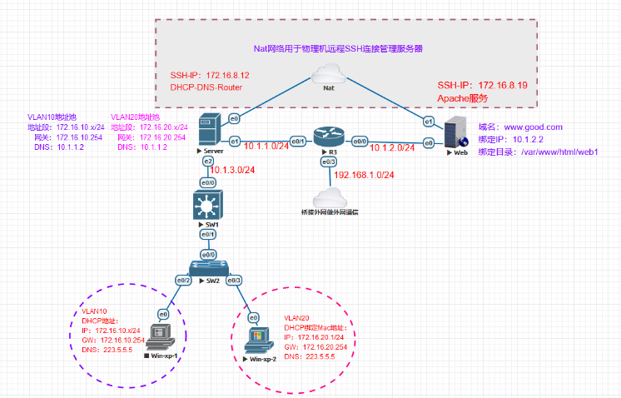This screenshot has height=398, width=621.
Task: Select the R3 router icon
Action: click(325, 137)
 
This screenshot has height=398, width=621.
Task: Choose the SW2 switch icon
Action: click(204, 267)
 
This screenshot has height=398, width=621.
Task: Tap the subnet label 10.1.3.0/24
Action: click(234, 171)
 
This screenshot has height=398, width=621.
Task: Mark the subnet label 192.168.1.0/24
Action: click(365, 176)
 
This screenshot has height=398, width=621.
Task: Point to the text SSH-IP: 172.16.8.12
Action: click(210, 75)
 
